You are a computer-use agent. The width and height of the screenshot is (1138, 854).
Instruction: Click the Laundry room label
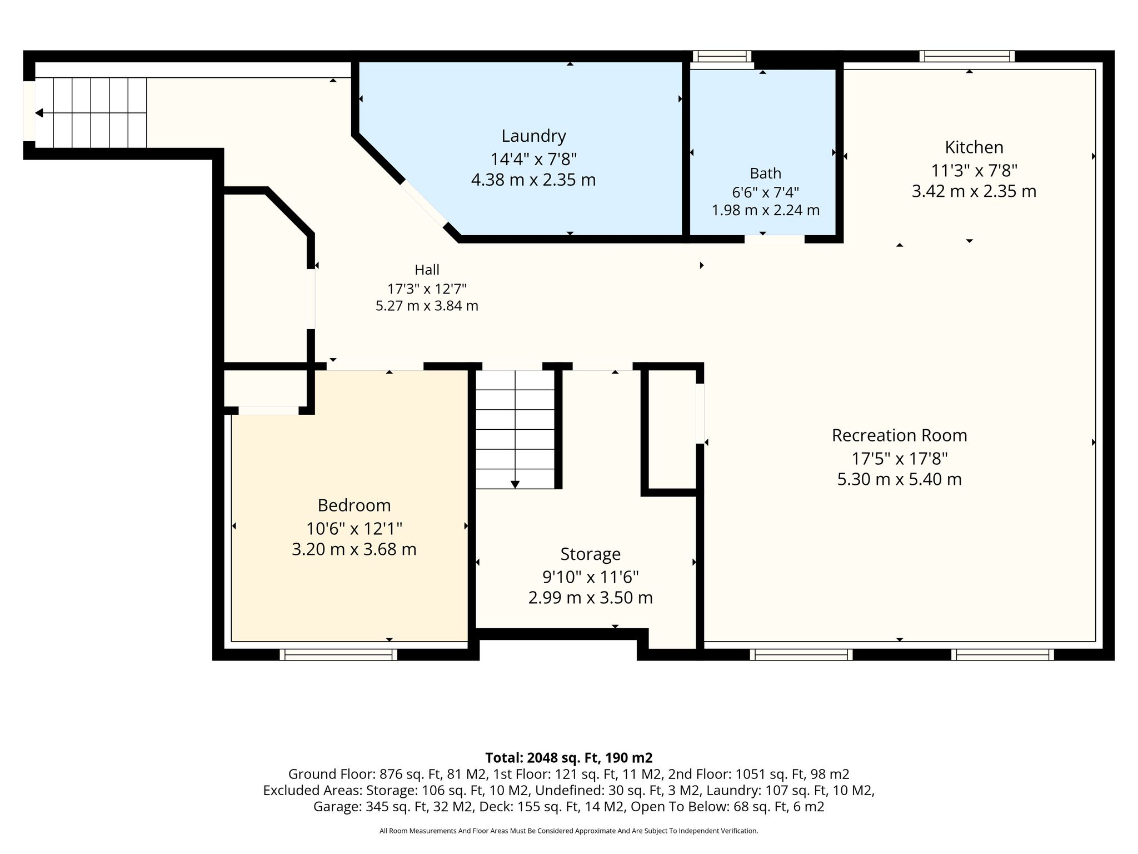(533, 136)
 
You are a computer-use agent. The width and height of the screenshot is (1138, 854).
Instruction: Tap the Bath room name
(765, 173)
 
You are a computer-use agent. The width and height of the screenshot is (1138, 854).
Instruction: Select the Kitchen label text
(974, 147)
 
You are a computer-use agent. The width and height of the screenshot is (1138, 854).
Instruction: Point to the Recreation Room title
(899, 435)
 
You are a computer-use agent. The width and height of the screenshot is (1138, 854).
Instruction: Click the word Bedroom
(354, 505)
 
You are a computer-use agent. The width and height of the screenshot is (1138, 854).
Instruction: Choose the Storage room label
(590, 554)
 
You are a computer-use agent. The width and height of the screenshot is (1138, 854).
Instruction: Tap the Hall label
(427, 270)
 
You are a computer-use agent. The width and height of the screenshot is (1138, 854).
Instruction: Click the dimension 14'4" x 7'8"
(533, 159)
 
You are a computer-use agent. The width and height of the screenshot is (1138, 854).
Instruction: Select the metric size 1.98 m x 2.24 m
(765, 210)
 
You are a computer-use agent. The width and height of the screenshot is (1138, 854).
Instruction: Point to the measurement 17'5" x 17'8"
(899, 459)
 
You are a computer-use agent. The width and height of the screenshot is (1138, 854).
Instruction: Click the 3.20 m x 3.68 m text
(354, 549)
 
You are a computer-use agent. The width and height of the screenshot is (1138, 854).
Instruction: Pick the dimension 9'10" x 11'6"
(590, 577)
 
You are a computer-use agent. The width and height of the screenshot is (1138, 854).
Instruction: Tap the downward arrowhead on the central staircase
(515, 484)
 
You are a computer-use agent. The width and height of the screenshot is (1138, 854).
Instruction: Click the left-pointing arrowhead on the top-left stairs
(39, 113)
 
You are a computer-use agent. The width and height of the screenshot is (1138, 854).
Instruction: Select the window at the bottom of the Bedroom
(338, 654)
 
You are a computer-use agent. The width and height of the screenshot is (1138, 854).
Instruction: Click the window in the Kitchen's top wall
(967, 56)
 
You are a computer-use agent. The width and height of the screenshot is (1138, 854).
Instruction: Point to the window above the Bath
(722, 56)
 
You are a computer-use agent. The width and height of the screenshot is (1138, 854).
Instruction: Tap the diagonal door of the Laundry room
(424, 203)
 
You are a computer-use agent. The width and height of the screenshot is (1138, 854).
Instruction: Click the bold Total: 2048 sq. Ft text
(569, 758)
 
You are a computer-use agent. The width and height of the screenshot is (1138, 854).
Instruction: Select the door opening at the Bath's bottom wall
(775, 239)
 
